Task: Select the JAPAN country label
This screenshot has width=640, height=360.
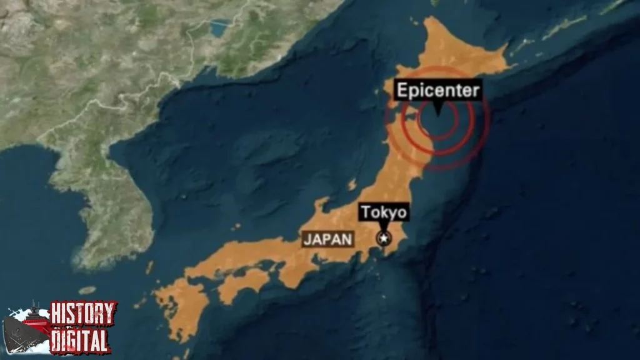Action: (x=327, y=239)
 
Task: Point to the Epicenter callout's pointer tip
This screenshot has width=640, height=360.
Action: (x=437, y=114)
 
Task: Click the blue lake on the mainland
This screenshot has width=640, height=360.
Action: (x=220, y=28)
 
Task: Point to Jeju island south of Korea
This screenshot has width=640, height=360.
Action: (x=87, y=290)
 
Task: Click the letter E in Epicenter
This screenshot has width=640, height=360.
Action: (x=402, y=91)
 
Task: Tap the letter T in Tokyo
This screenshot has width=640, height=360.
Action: (x=364, y=212)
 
